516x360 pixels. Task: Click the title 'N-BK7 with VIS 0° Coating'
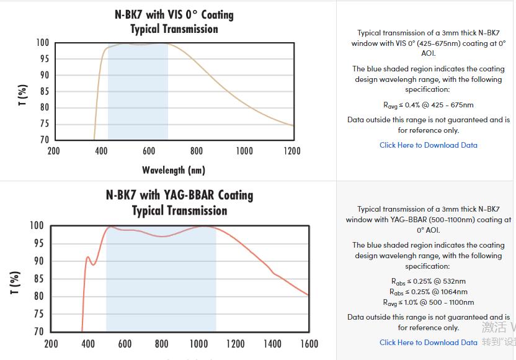coord(174,14)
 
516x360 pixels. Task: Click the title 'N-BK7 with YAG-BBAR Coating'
coord(179,195)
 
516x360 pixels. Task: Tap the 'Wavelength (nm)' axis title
coord(174,169)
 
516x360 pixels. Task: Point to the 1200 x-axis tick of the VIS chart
coord(292,151)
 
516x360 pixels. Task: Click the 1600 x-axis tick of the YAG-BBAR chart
coord(308,344)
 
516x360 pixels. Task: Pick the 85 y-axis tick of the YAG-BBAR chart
coord(38,279)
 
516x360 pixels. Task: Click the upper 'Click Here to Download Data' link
coord(429,145)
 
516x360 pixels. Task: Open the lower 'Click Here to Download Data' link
coord(429,342)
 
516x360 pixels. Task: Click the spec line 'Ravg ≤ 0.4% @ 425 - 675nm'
coord(429,105)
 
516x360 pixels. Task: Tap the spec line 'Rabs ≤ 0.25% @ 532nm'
coord(429,281)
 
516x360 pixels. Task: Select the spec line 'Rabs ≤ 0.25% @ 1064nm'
coord(429,292)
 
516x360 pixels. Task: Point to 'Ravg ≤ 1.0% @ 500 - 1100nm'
coord(429,302)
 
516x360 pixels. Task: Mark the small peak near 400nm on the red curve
coord(88,257)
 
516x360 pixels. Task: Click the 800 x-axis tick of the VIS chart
coord(197,151)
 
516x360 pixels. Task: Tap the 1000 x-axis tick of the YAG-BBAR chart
coord(198,344)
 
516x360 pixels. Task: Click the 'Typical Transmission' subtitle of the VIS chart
coord(174,29)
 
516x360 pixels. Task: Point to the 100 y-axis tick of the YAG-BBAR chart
coord(37,225)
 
